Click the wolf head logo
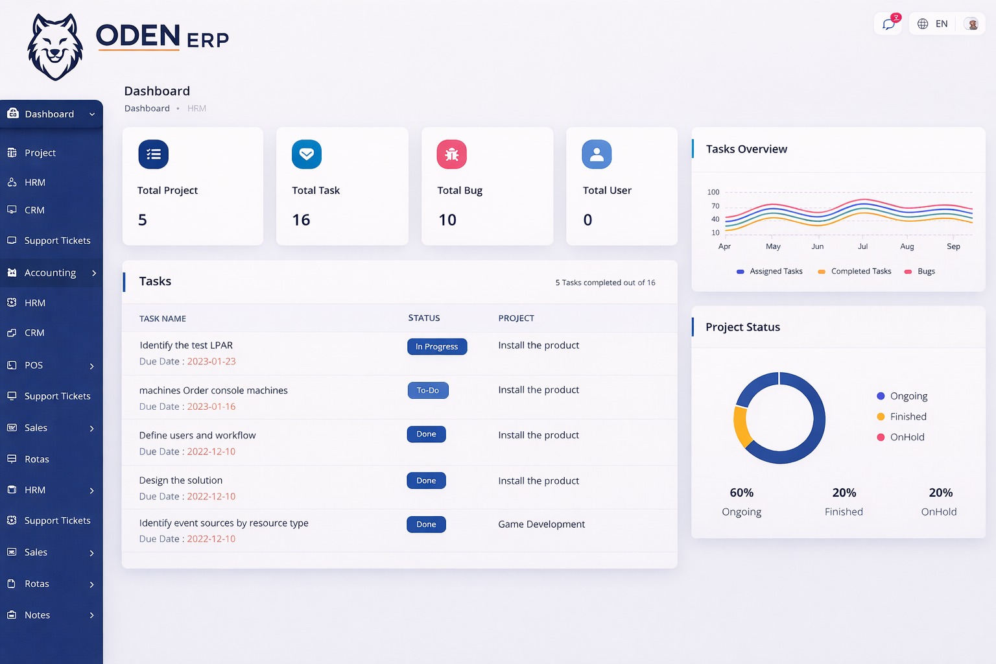click(55, 47)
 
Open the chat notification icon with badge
click(888, 24)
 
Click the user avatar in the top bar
click(972, 24)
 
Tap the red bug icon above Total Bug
click(452, 154)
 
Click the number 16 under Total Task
click(301, 220)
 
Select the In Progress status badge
click(437, 347)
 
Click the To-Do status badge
click(428, 390)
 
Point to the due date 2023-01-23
click(211, 362)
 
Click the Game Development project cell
click(541, 524)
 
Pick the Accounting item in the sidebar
click(51, 273)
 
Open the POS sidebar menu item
click(34, 365)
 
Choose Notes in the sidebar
click(37, 615)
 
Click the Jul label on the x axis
click(862, 246)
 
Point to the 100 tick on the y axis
click(713, 192)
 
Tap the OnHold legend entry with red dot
click(907, 437)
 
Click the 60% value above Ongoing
click(742, 493)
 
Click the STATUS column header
click(424, 318)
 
